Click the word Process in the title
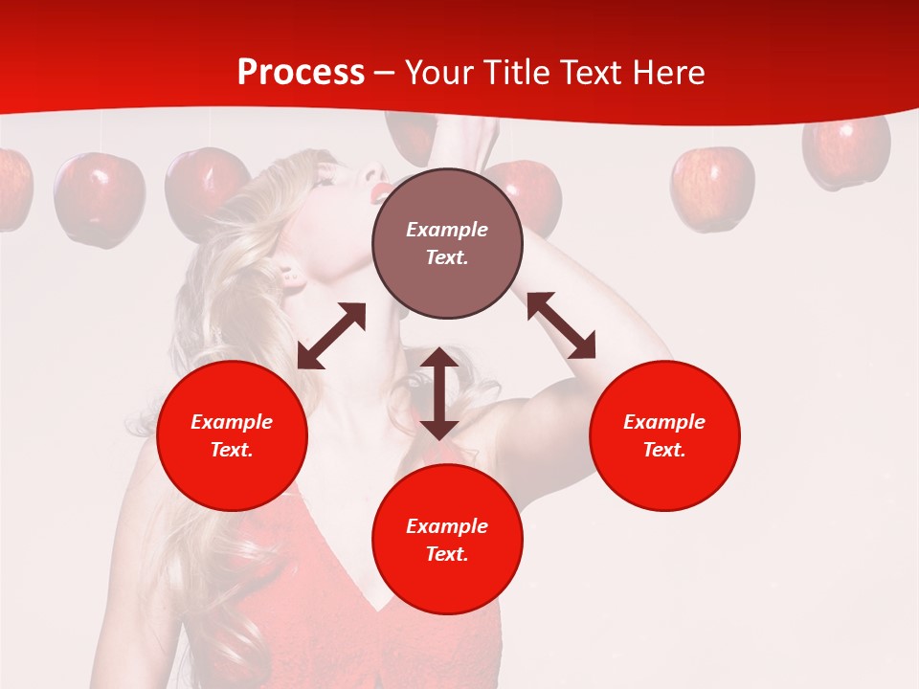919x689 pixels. point(301,73)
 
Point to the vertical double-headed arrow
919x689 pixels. point(439,393)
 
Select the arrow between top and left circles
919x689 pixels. point(331,336)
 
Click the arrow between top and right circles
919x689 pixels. point(561,325)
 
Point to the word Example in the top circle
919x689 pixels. point(447,230)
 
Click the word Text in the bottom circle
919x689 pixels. point(447,554)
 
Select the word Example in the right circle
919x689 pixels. point(664,422)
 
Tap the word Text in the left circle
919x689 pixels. point(232,450)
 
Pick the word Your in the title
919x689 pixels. point(438,73)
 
